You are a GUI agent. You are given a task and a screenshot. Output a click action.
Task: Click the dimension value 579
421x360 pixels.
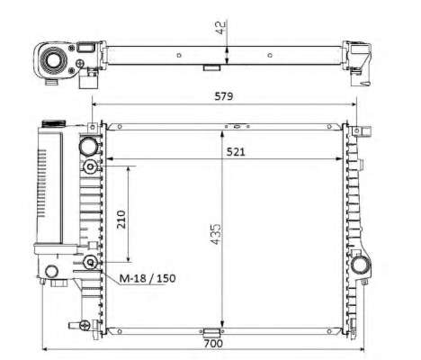click(224, 96)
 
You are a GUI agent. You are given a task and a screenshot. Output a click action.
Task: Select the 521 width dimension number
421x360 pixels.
click(236, 152)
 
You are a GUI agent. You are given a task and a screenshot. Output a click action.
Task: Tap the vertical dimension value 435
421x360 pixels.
click(215, 234)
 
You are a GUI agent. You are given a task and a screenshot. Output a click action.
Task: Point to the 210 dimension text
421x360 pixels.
click(121, 220)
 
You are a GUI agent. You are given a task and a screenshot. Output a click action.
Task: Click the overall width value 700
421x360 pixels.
click(213, 343)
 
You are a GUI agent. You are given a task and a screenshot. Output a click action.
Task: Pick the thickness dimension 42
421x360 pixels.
click(220, 28)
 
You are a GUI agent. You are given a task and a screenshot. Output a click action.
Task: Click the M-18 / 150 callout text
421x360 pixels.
click(148, 278)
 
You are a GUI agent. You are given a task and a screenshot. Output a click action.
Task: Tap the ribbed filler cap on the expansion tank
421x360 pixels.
click(54, 123)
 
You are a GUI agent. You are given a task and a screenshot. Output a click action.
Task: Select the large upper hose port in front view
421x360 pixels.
click(89, 146)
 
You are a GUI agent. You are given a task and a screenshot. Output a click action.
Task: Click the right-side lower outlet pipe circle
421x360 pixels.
click(360, 265)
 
